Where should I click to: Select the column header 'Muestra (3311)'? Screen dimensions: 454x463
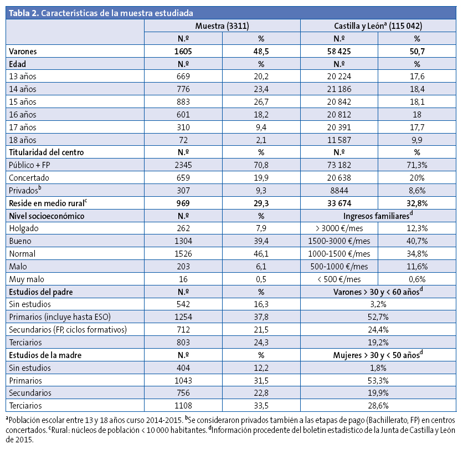(222, 26)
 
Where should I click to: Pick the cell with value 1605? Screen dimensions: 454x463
(183, 51)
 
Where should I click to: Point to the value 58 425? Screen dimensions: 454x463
(339, 51)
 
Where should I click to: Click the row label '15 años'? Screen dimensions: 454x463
(23, 102)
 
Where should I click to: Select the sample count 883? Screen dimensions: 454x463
(183, 102)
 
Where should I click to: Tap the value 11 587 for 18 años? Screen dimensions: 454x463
(339, 140)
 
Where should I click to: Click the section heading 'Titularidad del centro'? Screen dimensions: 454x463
(46, 152)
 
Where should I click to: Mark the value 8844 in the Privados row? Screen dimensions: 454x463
(339, 191)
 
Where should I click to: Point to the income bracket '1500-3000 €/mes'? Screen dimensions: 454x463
(339, 241)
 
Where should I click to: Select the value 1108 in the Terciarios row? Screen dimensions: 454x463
(183, 405)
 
